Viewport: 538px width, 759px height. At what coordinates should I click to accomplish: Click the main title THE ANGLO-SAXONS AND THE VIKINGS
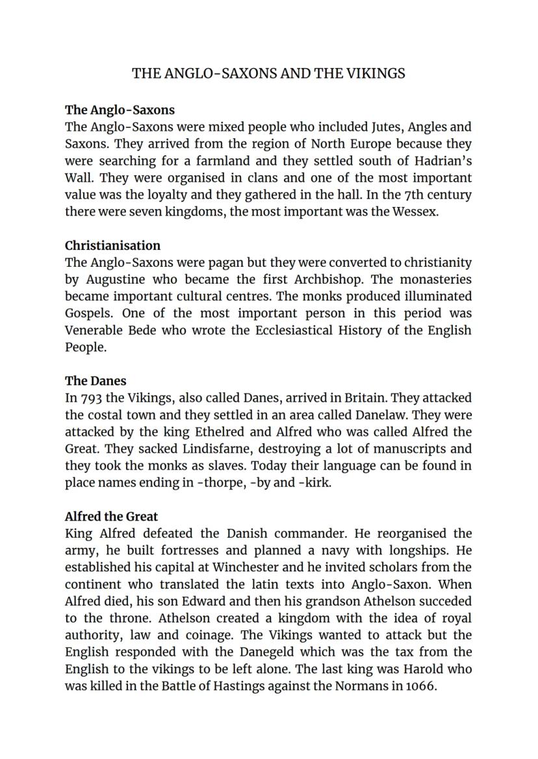[x=268, y=73]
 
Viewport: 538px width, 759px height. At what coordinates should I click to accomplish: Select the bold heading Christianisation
[x=112, y=245]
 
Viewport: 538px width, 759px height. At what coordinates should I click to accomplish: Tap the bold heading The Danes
[x=96, y=381]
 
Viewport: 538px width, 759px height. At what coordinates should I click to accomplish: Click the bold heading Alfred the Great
[x=111, y=517]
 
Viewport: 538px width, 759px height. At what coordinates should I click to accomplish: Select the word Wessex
[x=414, y=212]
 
